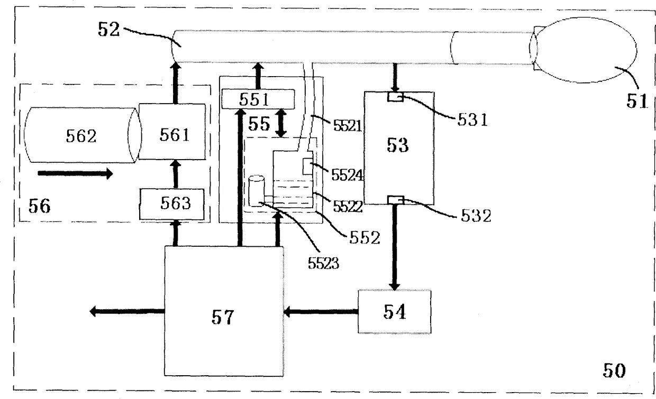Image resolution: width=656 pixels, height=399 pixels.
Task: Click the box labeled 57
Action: click(224, 311)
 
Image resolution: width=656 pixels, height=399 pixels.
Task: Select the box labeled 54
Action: click(395, 311)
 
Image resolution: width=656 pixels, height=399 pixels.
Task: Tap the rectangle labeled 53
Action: click(399, 148)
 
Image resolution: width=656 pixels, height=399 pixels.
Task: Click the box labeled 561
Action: click(172, 132)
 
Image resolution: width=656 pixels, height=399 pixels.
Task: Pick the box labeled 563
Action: click(172, 204)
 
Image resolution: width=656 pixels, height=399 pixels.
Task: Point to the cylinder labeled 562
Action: click(83, 135)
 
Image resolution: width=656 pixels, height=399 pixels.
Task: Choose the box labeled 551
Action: click(258, 99)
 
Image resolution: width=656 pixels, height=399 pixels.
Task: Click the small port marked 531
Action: click(395, 97)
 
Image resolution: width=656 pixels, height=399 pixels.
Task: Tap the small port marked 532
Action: click(396, 200)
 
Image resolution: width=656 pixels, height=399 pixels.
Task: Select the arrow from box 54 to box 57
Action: click(321, 311)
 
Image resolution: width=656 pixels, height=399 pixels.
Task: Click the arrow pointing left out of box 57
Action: click(127, 311)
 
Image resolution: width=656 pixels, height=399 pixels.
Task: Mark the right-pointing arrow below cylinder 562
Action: click(75, 173)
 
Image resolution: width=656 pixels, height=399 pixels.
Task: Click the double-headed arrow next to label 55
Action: click(281, 123)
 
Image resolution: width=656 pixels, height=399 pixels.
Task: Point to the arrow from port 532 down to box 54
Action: click(395, 247)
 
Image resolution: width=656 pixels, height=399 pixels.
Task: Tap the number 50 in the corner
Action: click(614, 370)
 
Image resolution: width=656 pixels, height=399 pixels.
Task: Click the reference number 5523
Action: click(323, 263)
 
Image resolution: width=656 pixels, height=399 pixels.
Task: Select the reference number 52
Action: click(108, 29)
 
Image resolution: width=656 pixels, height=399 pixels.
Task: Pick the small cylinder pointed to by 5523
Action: click(256, 191)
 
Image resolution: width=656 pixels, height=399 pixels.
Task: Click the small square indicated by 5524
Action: click(307, 166)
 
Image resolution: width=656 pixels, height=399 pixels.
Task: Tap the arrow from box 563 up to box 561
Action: click(176, 174)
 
